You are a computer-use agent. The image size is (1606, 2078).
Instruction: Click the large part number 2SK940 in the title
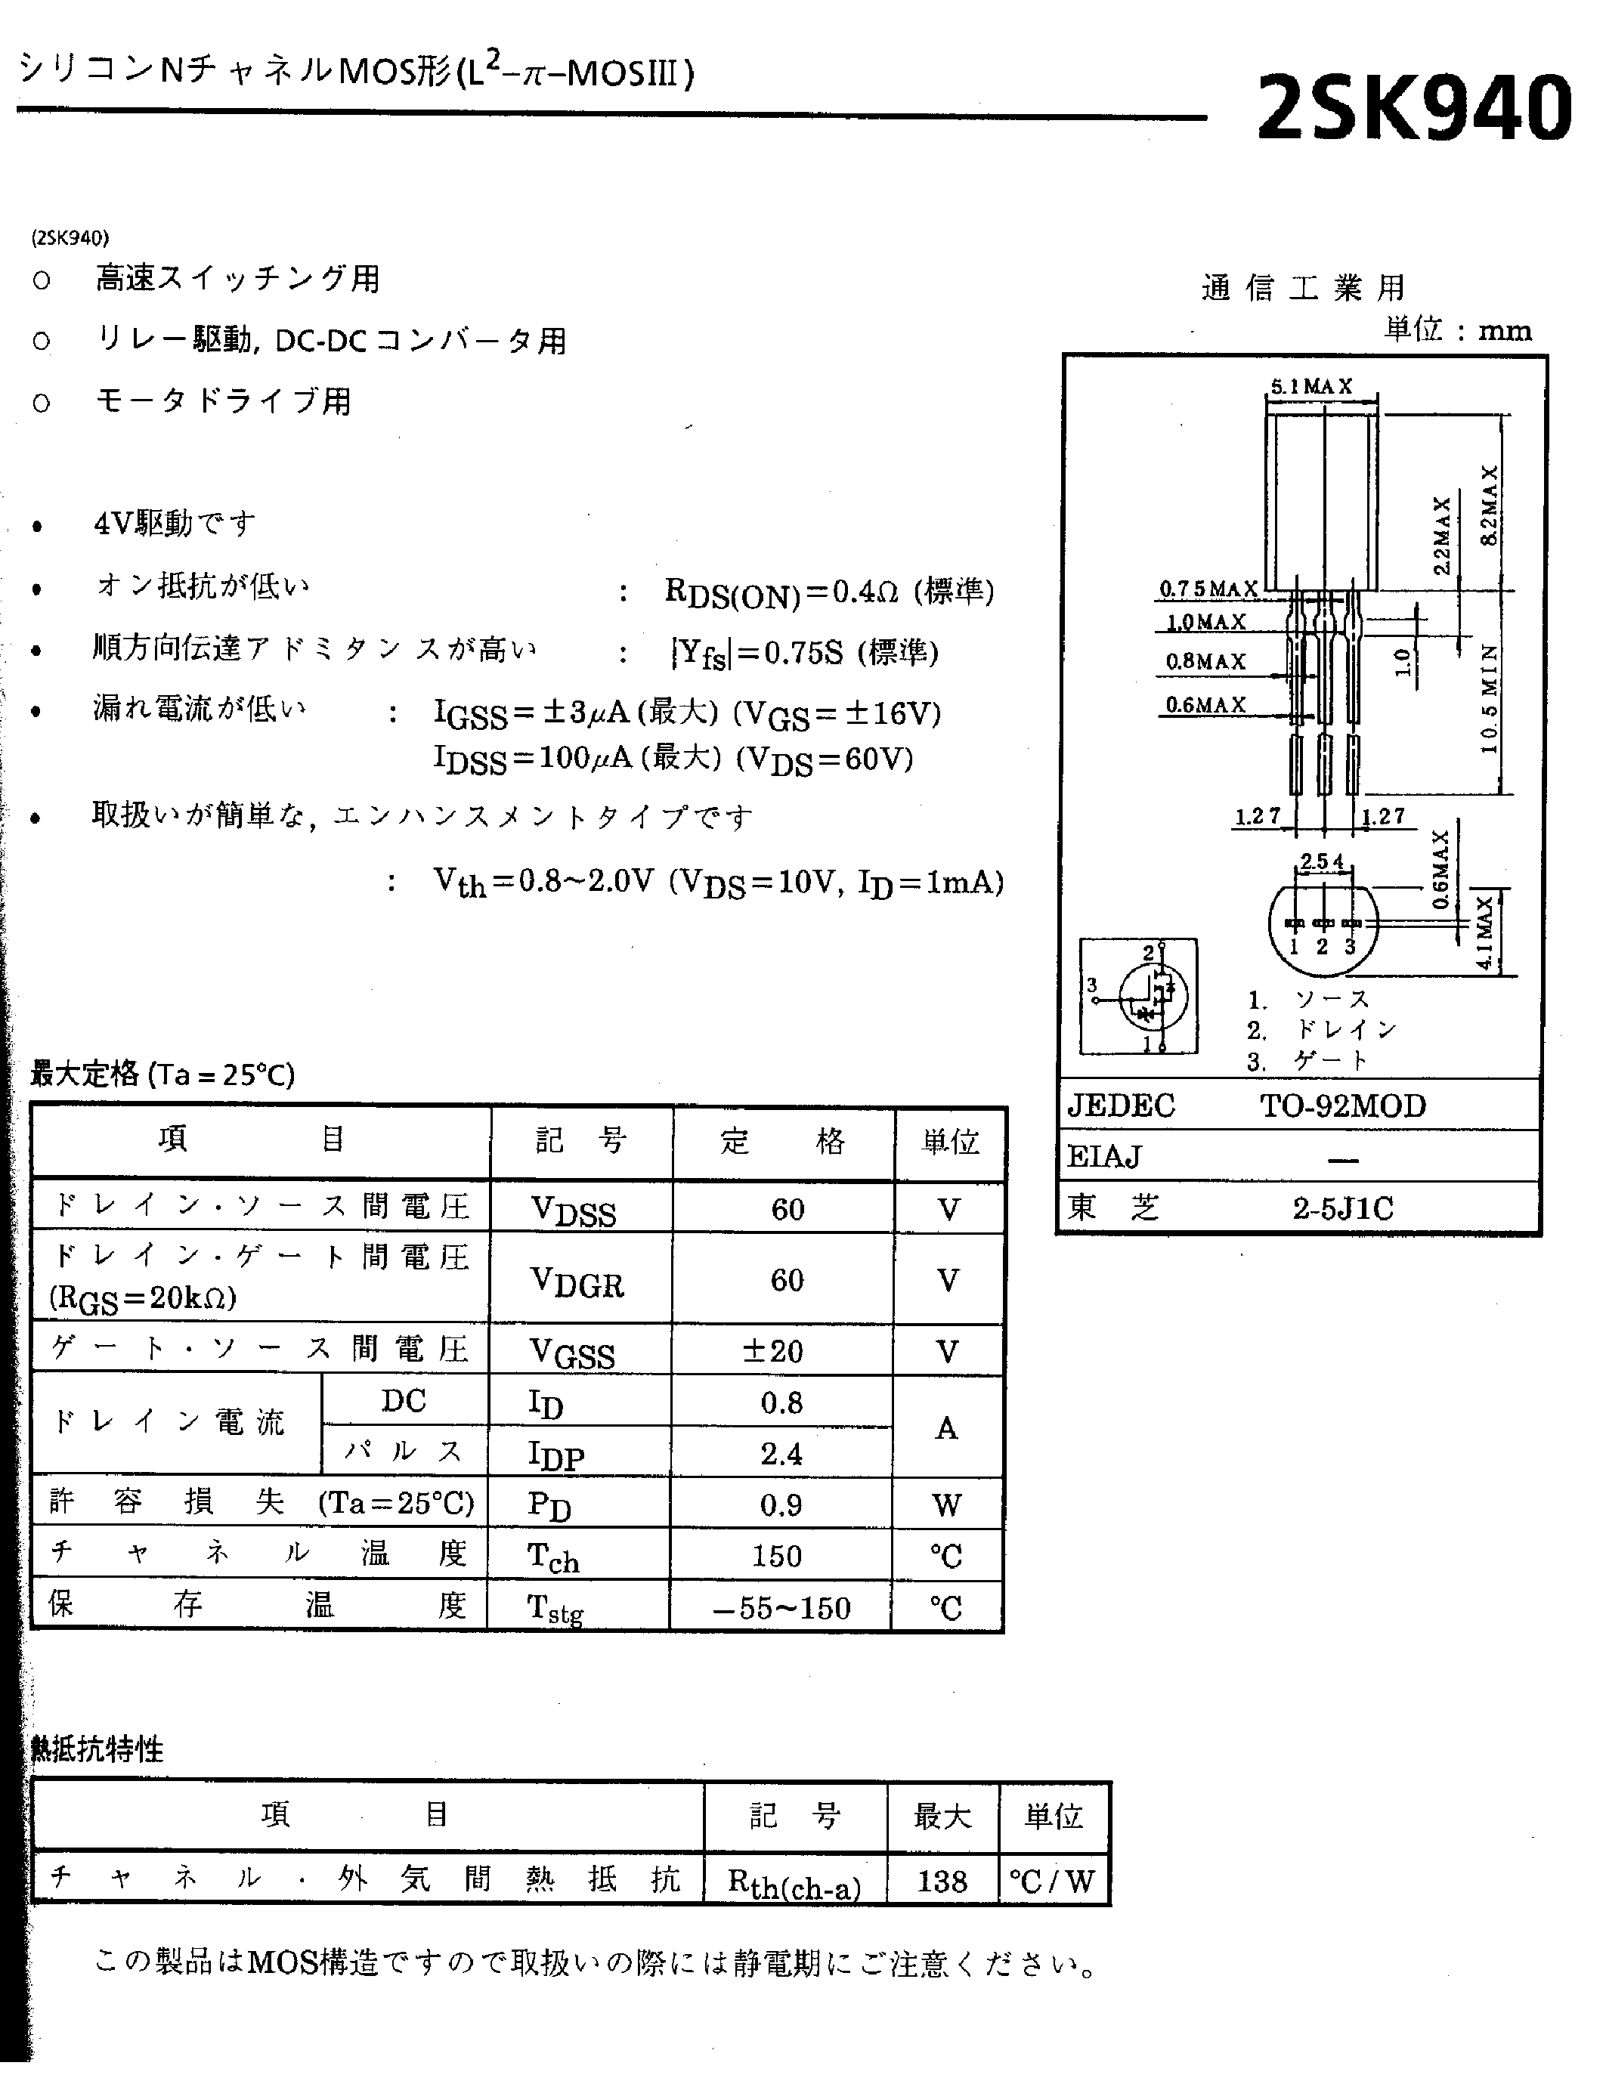click(1414, 109)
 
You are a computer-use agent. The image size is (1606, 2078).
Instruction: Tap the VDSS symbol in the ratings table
click(574, 1211)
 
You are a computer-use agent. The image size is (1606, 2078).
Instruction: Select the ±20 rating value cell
click(772, 1351)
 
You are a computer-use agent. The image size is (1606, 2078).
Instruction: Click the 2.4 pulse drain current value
click(781, 1453)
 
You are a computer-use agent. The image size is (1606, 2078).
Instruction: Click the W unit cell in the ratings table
click(947, 1505)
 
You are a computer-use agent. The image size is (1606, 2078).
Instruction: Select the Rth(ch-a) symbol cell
click(794, 1883)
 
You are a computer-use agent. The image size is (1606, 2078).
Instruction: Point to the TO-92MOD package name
click(1342, 1105)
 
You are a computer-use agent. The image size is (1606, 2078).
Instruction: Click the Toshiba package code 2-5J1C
click(1342, 1208)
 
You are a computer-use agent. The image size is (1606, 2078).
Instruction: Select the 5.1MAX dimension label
click(1312, 386)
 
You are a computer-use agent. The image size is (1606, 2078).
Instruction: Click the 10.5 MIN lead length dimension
click(1490, 699)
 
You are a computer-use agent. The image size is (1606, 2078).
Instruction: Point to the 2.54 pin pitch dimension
click(1323, 862)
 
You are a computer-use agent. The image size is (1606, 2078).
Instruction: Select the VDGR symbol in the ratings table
click(577, 1281)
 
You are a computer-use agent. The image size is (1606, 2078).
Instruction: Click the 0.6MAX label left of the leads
click(1205, 705)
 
